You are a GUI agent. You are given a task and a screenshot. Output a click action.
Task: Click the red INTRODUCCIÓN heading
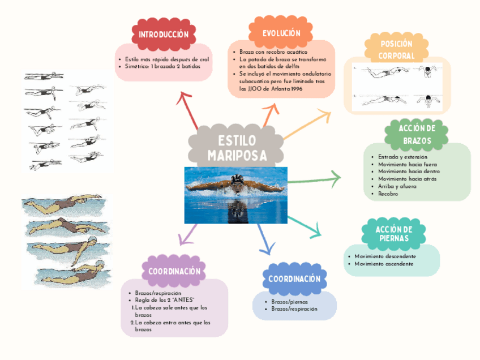tap(163, 34)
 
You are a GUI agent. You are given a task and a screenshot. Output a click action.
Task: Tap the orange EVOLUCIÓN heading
tap(281, 33)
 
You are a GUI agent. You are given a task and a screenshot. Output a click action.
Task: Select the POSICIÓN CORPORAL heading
tap(396, 50)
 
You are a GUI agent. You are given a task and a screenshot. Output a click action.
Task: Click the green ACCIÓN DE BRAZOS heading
tap(417, 134)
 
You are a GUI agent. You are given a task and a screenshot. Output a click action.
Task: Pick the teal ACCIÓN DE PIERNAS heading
tap(393, 233)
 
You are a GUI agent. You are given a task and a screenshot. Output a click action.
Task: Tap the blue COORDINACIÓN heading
tap(294, 279)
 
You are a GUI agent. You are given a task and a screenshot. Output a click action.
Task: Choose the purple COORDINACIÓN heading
tap(174, 272)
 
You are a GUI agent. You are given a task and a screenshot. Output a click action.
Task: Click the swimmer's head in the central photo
tap(237, 183)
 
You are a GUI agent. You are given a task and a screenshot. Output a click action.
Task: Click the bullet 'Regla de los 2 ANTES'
tap(165, 300)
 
